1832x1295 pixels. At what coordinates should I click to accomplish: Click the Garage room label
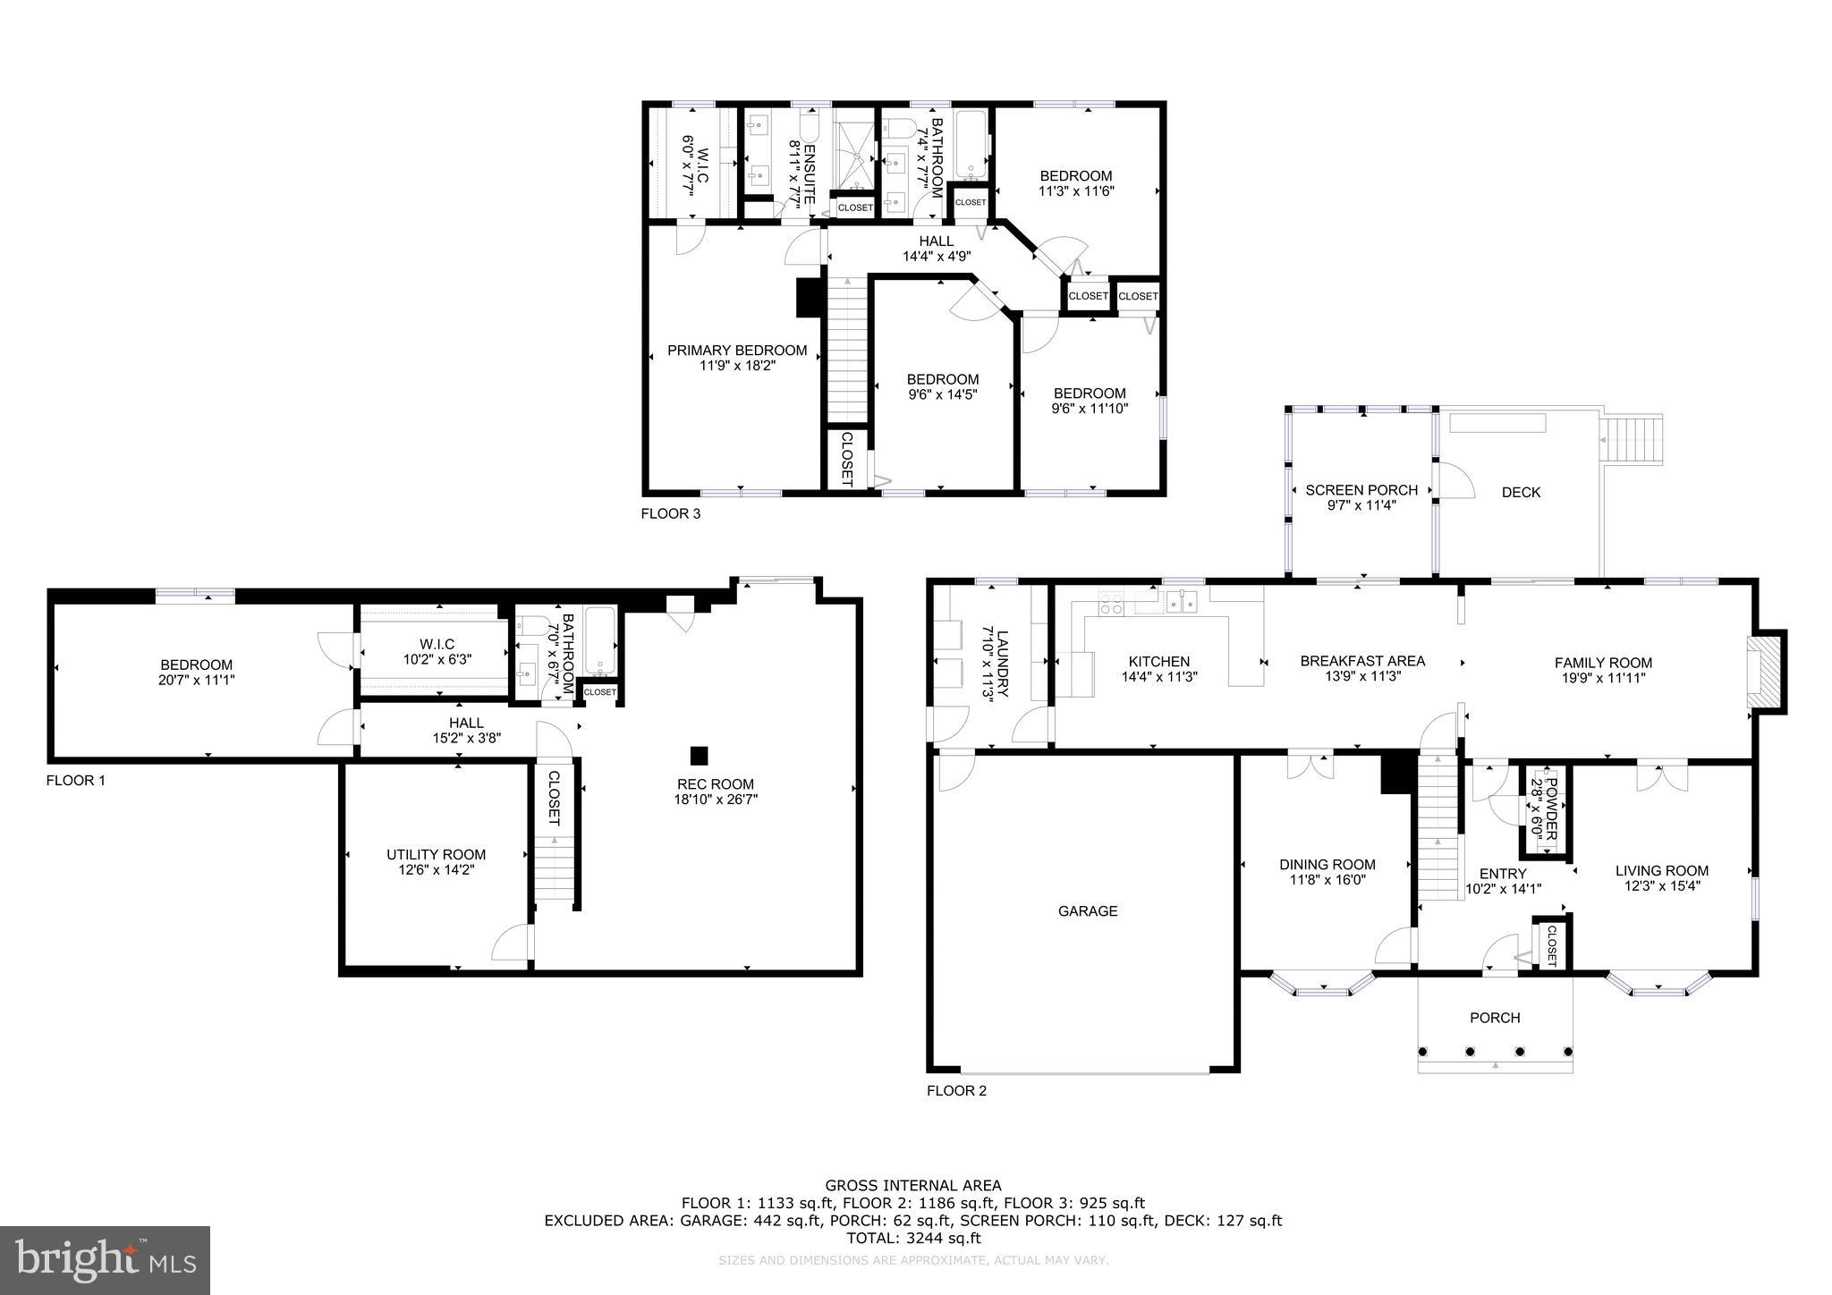point(1088,911)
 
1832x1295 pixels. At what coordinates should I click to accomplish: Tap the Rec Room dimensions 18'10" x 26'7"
point(716,800)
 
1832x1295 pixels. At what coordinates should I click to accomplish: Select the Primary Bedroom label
point(737,351)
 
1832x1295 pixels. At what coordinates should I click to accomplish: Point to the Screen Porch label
point(1361,490)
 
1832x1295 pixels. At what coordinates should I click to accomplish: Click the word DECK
point(1521,492)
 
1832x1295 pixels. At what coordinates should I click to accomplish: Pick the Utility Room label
point(437,854)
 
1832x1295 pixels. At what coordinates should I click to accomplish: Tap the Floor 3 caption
point(671,513)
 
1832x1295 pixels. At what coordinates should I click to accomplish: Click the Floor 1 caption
point(76,781)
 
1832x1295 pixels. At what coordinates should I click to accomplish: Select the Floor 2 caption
point(957,1090)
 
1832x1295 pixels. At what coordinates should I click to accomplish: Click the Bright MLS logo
point(106,1260)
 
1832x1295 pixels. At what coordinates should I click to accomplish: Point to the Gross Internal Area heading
point(913,1186)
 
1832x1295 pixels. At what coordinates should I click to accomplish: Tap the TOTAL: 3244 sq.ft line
point(913,1238)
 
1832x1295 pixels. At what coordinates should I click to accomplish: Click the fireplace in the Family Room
point(1765,672)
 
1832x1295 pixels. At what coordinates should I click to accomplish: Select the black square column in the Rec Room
point(700,755)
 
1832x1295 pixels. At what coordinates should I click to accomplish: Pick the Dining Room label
point(1327,865)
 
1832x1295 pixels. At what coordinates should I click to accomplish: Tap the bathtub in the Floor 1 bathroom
point(599,641)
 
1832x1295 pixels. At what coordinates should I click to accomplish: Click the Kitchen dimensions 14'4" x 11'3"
point(1159,677)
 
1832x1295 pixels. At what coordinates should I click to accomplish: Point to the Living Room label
point(1662,870)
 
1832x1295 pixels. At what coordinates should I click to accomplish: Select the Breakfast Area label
point(1362,661)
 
